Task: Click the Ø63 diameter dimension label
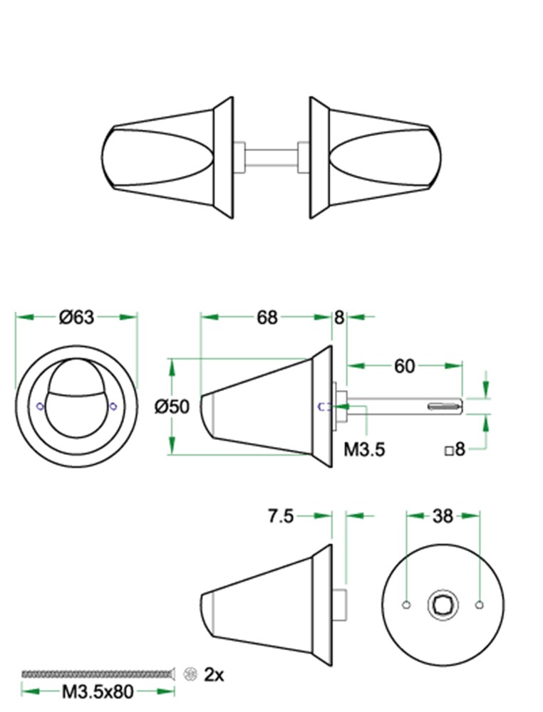coord(76,317)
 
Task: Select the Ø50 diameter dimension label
coord(172,407)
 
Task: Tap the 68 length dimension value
coord(267,318)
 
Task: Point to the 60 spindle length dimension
coord(405,366)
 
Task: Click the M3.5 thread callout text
coord(364,449)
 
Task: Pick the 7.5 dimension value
coord(281,516)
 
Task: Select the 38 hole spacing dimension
coord(443,515)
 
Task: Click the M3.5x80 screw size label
coord(98,692)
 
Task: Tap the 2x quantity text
coord(214,674)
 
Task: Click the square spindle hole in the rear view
coord(443,604)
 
